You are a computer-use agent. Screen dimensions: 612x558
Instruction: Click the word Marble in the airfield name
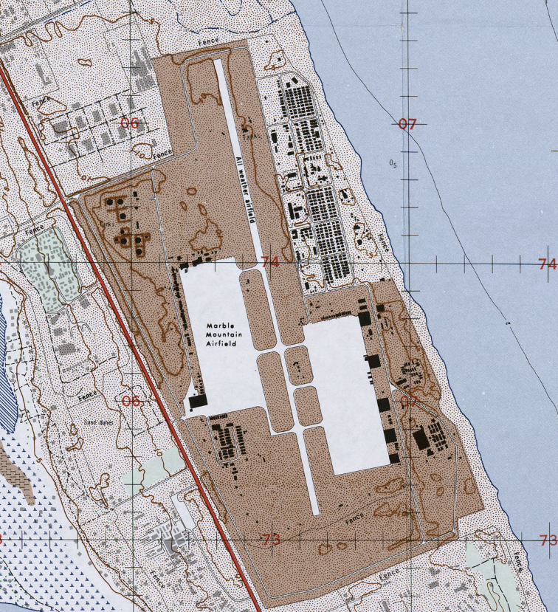point(220,326)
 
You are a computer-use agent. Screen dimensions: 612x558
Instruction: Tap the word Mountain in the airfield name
point(222,335)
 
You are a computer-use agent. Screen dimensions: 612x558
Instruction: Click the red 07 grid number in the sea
point(407,124)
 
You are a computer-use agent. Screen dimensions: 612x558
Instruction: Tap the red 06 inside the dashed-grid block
point(129,123)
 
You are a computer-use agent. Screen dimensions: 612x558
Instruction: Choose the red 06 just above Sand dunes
point(131,401)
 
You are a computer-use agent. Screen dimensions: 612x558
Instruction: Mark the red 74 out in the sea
point(547,264)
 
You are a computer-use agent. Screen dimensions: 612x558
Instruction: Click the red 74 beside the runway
point(269,262)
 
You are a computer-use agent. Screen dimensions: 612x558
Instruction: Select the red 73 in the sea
point(548,540)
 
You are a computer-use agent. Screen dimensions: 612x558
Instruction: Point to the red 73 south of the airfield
point(270,540)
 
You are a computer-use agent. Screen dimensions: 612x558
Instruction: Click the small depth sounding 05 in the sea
point(393,164)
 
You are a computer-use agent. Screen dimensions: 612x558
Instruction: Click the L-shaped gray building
point(44,74)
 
